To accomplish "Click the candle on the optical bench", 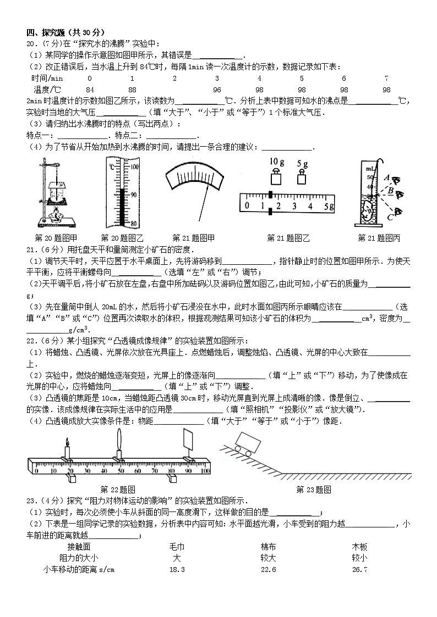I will coord(67,450).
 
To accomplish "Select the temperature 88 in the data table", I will coord(132,90).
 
